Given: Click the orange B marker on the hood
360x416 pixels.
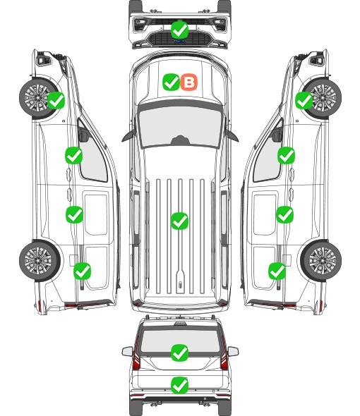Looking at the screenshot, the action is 189,82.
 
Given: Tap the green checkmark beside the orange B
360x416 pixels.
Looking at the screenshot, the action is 171,82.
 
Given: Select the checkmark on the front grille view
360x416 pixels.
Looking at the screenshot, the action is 179,30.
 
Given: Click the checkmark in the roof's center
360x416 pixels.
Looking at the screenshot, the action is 179,221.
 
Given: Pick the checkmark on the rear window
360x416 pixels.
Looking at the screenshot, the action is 179,353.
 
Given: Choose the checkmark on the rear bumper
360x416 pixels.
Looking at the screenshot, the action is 179,385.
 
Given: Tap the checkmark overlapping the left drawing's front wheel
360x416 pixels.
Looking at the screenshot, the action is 56,100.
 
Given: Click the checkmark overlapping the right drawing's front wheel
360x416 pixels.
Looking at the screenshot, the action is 304,100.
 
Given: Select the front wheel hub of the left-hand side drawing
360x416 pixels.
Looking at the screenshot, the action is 37,97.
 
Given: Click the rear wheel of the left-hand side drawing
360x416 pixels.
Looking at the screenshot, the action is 40,261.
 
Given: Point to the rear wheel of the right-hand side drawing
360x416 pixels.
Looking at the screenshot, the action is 321,261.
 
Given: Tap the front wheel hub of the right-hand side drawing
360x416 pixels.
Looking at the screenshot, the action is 324,97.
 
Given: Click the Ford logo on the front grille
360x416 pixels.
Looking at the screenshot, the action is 180,41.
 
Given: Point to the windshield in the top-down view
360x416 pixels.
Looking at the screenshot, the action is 180,127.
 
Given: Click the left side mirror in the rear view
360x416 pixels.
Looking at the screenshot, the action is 128,351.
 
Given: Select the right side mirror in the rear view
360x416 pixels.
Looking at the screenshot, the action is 233,351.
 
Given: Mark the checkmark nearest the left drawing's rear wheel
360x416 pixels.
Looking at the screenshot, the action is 82,271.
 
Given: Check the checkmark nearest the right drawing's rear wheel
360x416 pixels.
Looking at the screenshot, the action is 277,271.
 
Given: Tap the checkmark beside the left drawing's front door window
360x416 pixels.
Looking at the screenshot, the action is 73,155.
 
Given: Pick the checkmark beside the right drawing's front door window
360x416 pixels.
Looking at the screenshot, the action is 286,155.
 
